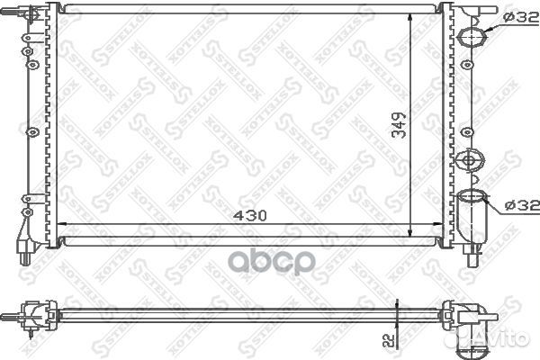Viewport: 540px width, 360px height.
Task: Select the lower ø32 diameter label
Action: [x=520, y=205]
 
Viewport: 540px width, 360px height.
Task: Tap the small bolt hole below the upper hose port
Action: [x=468, y=67]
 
